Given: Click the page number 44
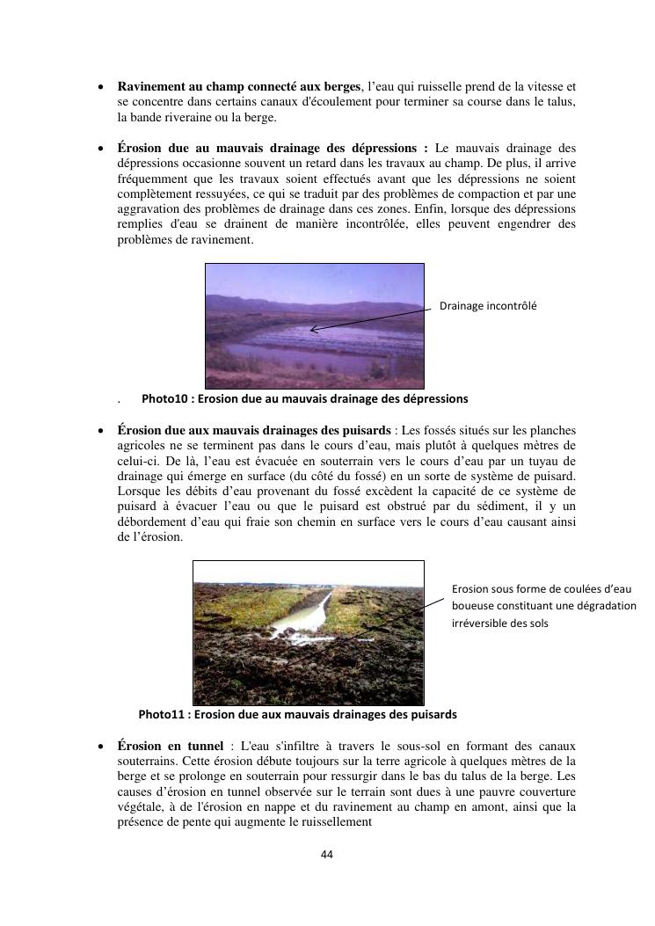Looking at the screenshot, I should click(327, 854).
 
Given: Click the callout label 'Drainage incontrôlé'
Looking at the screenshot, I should click(488, 306).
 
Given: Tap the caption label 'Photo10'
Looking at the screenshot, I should click(164, 398).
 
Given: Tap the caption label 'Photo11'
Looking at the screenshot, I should click(162, 714).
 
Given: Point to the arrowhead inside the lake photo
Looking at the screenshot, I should click(313, 331).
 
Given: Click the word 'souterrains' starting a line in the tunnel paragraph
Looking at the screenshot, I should click(146, 762).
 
